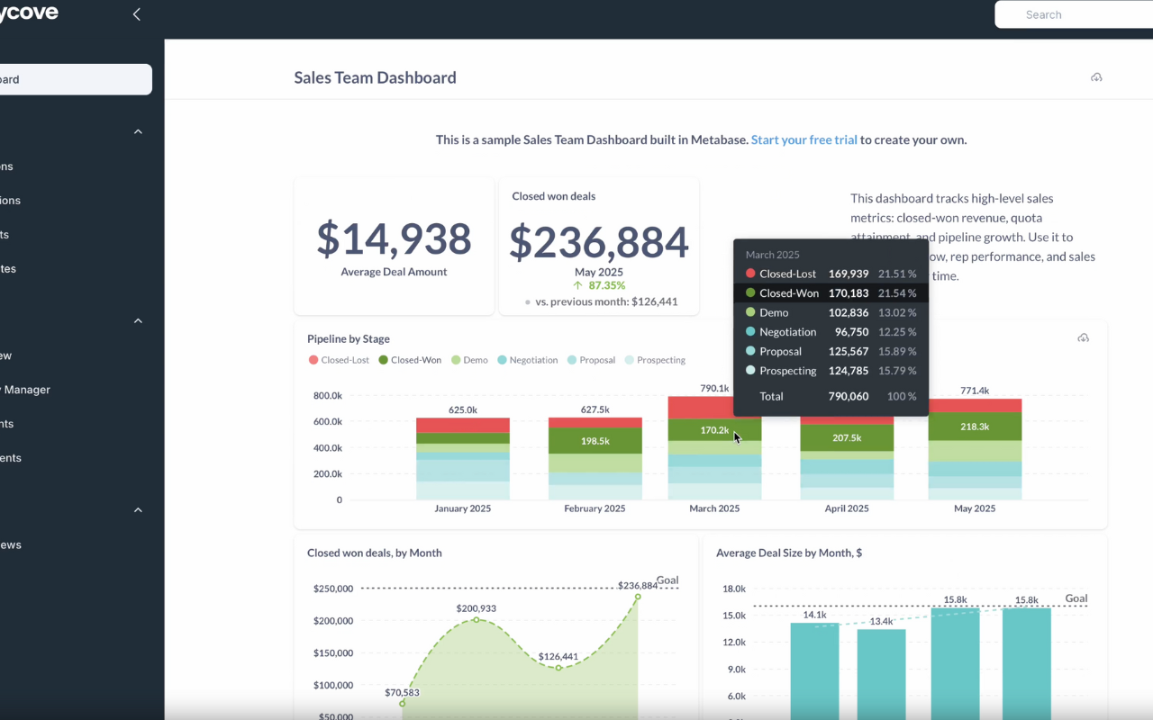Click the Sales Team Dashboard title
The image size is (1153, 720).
click(375, 78)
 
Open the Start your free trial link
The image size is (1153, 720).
click(803, 140)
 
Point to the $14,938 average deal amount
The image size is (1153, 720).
click(394, 239)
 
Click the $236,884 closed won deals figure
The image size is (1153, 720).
click(599, 243)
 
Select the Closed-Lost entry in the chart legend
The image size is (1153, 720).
click(339, 360)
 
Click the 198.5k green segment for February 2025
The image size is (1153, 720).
click(595, 441)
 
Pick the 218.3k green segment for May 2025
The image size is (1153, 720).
click(975, 427)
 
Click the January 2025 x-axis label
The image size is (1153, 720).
click(463, 508)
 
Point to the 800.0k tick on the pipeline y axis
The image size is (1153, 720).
click(327, 396)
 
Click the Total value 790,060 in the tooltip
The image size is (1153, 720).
click(848, 397)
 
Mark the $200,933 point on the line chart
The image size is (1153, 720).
click(477, 619)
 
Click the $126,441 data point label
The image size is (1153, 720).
click(558, 657)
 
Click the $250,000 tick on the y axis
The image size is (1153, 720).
click(332, 589)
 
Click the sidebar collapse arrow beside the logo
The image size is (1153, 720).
click(137, 14)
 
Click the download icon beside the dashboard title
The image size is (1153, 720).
click(1096, 78)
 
